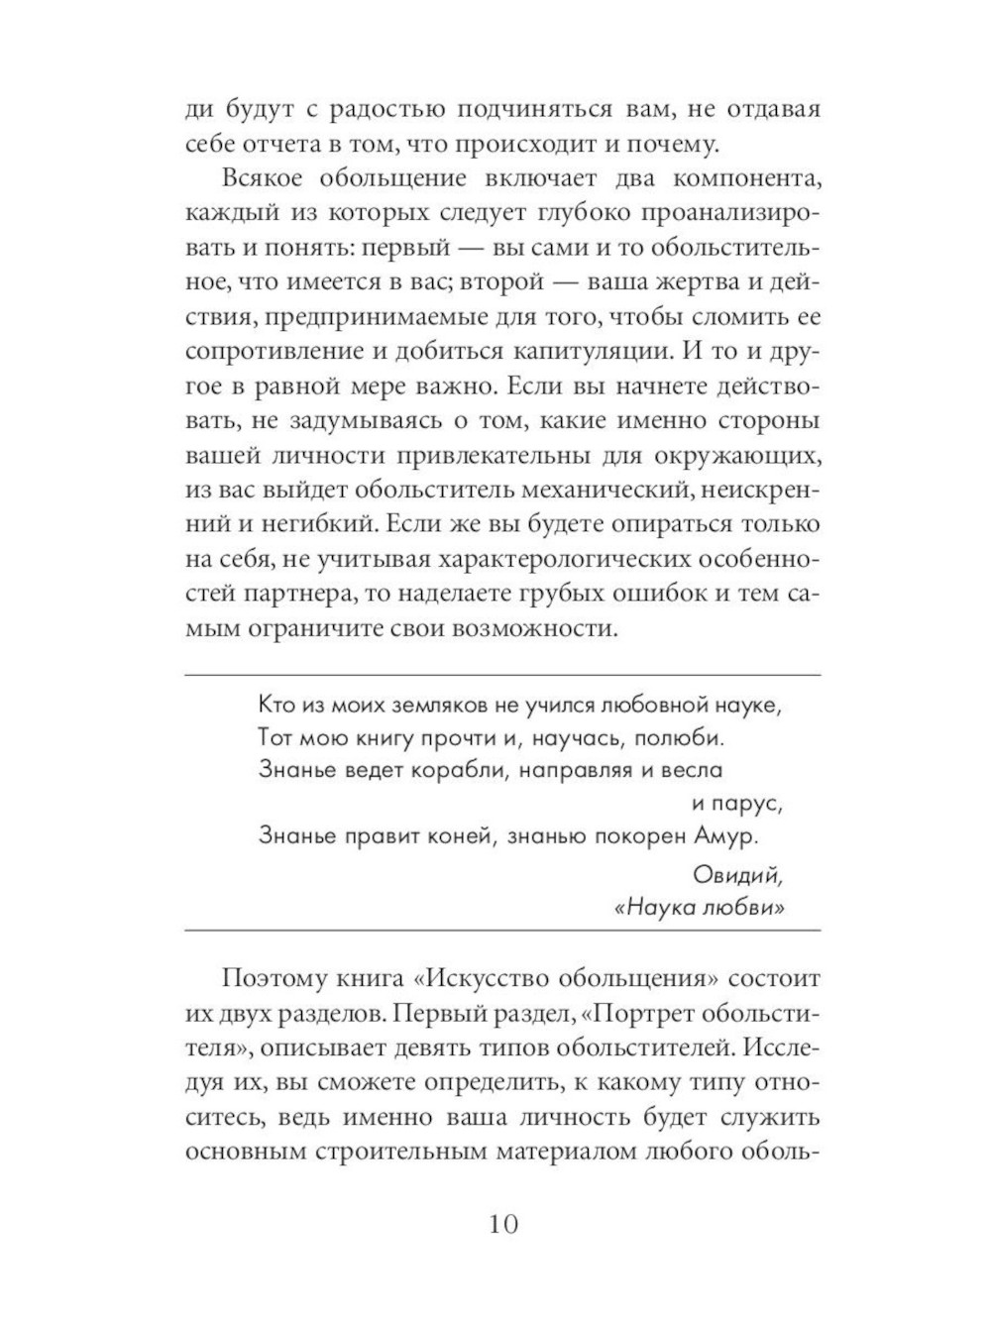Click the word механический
click(x=606, y=489)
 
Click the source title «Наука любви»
click(x=699, y=910)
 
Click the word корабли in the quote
click(x=455, y=769)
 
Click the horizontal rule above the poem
click(x=503, y=675)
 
